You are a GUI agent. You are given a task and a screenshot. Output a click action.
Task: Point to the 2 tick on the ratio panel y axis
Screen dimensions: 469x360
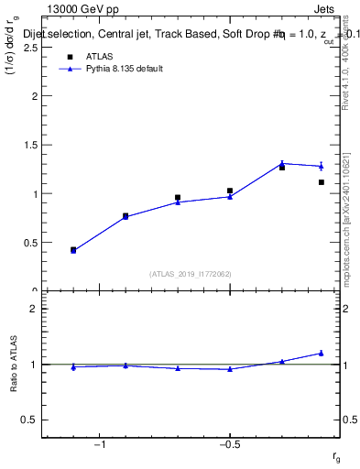(x=34, y=310)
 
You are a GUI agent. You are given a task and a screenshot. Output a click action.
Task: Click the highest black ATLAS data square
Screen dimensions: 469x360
(x=282, y=168)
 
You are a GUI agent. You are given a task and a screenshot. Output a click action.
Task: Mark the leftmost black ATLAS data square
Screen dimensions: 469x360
(x=73, y=249)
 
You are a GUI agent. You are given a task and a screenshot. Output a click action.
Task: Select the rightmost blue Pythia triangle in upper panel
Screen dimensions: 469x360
(x=322, y=166)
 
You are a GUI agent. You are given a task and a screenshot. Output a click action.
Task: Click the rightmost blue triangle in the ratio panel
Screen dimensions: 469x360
(x=322, y=353)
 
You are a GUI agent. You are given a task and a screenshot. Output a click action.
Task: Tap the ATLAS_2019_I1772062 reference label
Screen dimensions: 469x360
(x=191, y=274)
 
